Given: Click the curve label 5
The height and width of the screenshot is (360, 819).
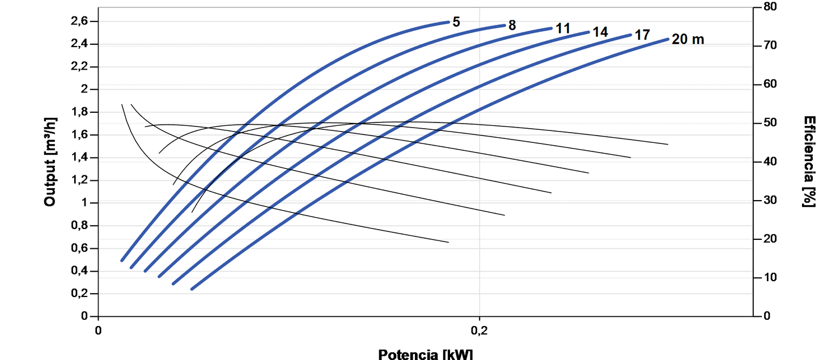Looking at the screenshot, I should coord(456,23).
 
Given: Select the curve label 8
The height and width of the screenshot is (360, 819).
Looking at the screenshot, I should coord(512,26).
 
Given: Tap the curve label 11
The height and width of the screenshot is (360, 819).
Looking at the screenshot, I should coord(562,29).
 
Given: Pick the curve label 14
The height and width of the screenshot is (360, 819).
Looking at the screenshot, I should coord(600,32).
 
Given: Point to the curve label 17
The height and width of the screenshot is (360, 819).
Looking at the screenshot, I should coord(642,35).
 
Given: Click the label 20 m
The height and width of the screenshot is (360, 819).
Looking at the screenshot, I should coord(688,40).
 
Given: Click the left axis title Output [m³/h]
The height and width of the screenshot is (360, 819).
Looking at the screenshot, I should coord(50,162).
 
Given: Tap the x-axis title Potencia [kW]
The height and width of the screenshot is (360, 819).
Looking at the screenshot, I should coord(425,354).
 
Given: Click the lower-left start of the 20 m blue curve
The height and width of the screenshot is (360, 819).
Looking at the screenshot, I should coord(192,289).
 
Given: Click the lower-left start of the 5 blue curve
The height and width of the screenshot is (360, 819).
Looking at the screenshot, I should coord(122,260).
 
